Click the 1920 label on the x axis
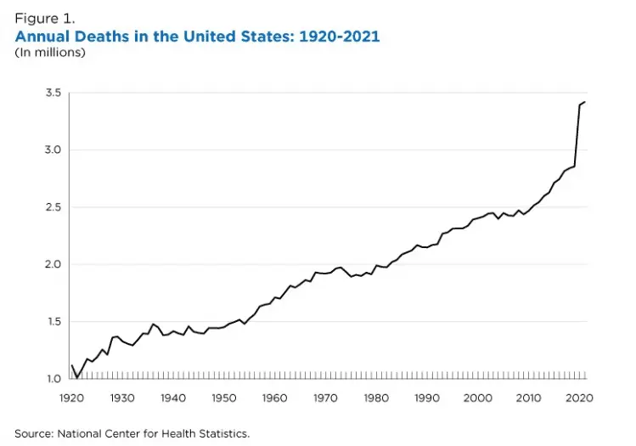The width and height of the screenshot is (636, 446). point(72,398)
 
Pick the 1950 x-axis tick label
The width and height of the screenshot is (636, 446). point(224,398)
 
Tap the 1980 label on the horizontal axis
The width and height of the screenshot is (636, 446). point(376,398)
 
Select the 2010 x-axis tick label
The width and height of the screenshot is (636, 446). point(529,398)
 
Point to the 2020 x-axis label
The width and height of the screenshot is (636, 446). point(579,398)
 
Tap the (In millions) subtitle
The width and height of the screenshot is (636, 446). point(50,53)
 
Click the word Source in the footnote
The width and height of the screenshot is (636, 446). point(35,433)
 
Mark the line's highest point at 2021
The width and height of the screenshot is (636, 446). point(585,102)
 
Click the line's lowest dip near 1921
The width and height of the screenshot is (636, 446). point(77,377)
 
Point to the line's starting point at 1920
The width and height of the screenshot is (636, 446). point(72,365)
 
